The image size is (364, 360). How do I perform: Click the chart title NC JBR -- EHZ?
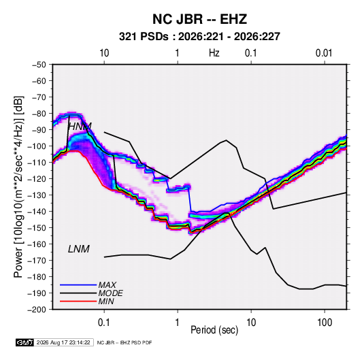click(199, 19)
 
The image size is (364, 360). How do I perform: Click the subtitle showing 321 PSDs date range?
click(199, 37)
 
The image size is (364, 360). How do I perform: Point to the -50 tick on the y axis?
click(39, 65)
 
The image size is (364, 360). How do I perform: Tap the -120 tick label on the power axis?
click(37, 179)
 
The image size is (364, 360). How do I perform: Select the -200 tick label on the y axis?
click(37, 310)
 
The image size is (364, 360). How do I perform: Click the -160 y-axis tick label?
click(37, 244)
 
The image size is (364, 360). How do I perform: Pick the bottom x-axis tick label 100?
click(325, 323)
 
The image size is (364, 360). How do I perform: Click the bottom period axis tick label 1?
click(178, 323)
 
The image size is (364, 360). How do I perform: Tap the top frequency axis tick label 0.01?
click(324, 53)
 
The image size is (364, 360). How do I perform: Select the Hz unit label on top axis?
click(214, 53)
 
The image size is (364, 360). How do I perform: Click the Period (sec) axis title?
click(214, 330)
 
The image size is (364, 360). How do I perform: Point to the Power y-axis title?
click(18, 187)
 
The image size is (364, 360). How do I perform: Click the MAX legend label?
click(107, 285)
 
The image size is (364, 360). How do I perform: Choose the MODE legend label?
click(110, 293)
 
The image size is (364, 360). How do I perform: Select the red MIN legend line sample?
click(78, 301)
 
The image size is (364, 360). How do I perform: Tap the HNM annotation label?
click(80, 127)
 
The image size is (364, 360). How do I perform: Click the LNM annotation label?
click(79, 249)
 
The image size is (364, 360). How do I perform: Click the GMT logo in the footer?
click(25, 342)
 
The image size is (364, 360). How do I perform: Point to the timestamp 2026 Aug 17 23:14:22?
click(63, 342)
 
